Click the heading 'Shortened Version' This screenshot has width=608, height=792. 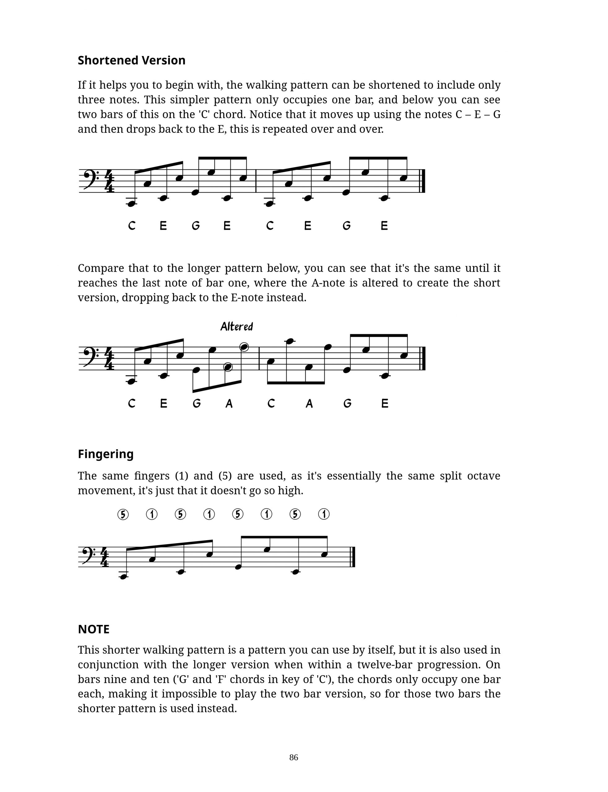click(x=131, y=60)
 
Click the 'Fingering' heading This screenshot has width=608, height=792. click(x=106, y=454)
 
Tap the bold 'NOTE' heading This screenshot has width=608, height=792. click(x=93, y=629)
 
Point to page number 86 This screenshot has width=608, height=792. click(x=293, y=757)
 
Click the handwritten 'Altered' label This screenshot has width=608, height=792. click(x=237, y=327)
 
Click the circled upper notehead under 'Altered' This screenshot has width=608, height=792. click(x=244, y=347)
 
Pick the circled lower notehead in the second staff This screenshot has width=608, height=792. click(x=228, y=367)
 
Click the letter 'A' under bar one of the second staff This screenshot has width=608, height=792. click(x=229, y=404)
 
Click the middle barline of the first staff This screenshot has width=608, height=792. click(x=256, y=181)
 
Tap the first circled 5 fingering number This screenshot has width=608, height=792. click(x=123, y=514)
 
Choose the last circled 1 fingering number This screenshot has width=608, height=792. click(x=324, y=514)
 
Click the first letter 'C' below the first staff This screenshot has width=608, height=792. click(x=132, y=226)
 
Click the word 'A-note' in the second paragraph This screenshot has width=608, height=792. click(x=328, y=283)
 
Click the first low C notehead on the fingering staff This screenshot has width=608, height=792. click(x=124, y=576)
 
